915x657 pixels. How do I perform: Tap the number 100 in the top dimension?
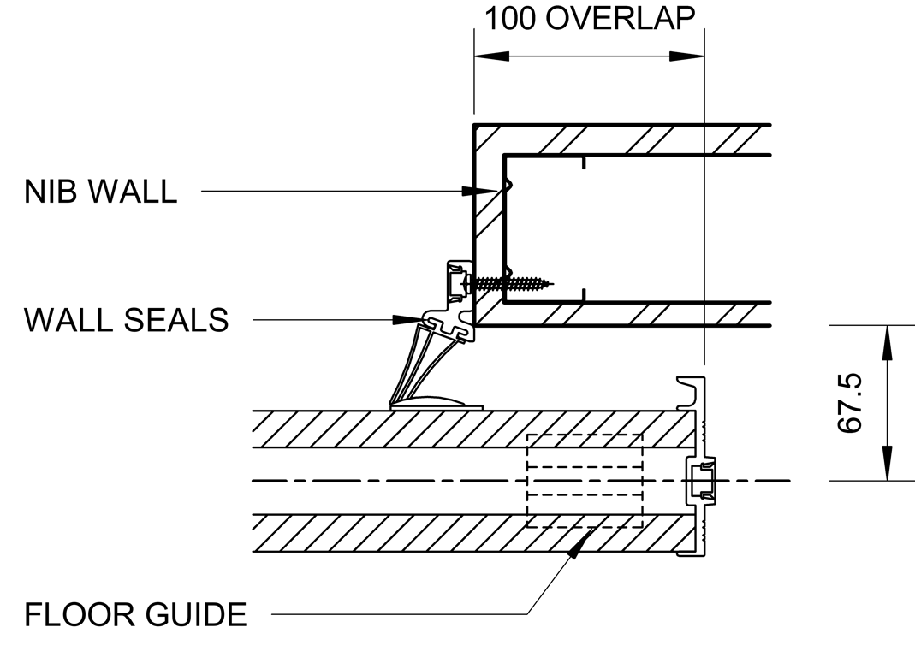pos(510,19)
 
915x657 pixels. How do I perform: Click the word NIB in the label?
pos(54,192)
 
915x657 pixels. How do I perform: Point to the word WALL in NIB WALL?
pos(134,192)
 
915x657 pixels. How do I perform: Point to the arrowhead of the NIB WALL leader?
pos(484,192)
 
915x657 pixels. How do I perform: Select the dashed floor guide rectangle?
pos(585,481)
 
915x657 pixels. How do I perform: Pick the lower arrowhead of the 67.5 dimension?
pos(887,467)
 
